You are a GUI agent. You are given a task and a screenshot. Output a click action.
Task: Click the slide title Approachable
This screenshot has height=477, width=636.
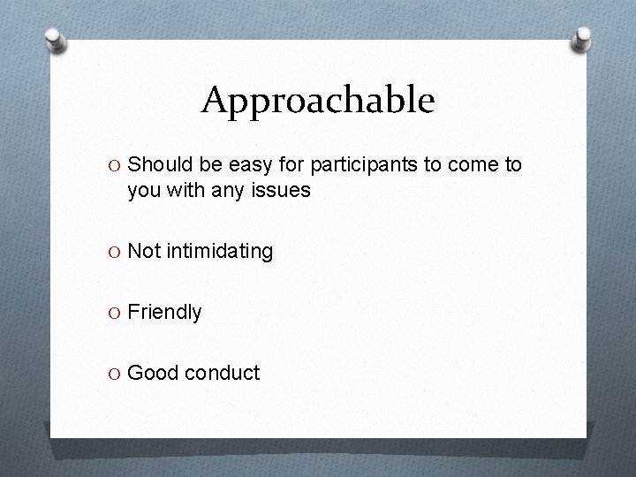[x=318, y=101]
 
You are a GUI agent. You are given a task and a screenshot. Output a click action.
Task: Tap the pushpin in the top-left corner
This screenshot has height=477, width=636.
[x=56, y=39]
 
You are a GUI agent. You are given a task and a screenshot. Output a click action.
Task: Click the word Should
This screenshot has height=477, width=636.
[x=156, y=164]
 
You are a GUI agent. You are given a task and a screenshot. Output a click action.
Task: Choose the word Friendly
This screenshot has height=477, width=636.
[x=165, y=313]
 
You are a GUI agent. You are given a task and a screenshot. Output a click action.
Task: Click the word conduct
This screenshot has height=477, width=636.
[x=222, y=373]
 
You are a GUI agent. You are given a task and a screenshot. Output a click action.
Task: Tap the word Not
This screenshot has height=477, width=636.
[x=143, y=252]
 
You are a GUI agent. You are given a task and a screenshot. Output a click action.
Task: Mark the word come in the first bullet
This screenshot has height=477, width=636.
[x=473, y=164]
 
